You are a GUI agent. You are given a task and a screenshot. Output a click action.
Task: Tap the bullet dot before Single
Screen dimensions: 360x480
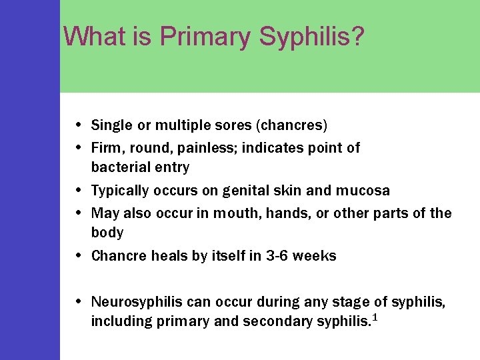(x=79, y=125)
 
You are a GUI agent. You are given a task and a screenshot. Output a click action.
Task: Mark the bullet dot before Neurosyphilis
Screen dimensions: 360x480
(x=79, y=302)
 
